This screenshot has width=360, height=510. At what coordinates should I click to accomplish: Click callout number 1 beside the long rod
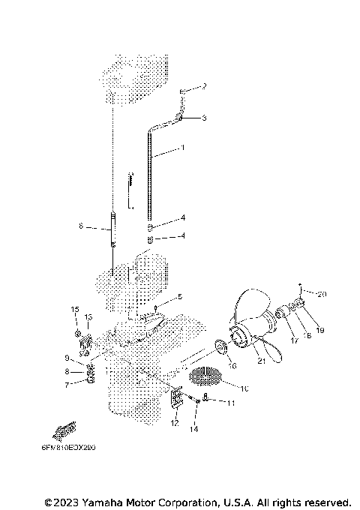(181, 148)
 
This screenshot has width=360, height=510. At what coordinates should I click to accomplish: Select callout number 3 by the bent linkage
(204, 118)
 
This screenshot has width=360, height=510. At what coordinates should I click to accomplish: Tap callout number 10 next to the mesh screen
(244, 388)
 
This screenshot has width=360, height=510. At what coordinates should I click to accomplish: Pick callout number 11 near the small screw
(231, 403)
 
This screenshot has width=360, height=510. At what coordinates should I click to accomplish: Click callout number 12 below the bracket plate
(175, 423)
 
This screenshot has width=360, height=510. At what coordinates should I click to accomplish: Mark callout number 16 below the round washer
(232, 366)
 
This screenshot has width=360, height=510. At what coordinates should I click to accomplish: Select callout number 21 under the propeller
(261, 361)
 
